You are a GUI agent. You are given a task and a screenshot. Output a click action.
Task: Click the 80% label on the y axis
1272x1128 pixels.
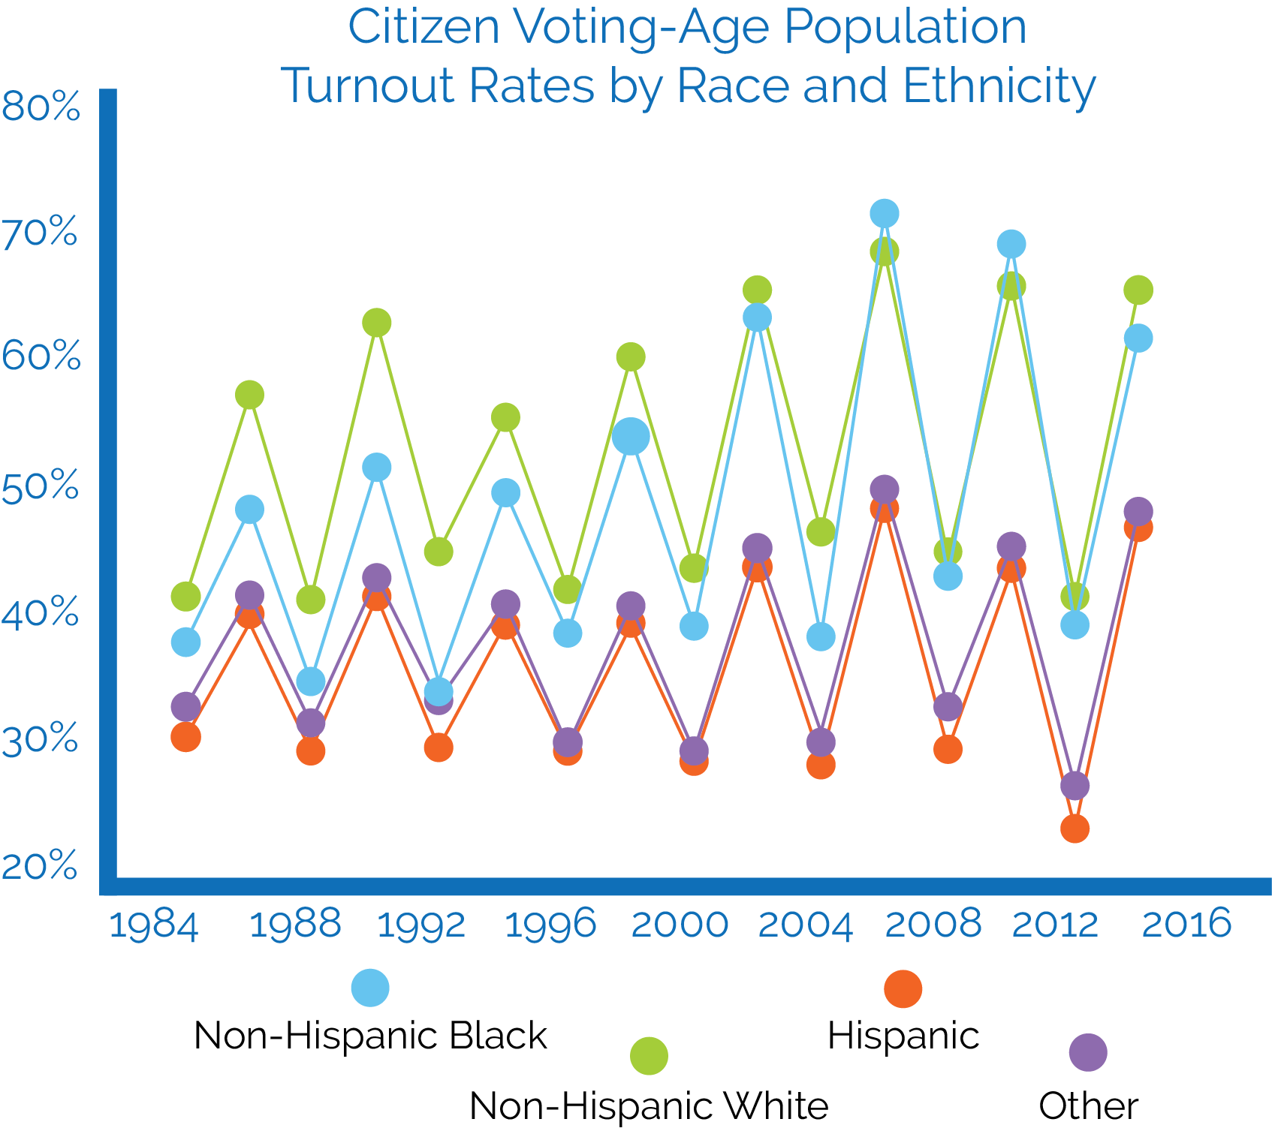tap(41, 107)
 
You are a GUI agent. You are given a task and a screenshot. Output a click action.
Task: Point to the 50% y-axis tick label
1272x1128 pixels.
tap(41, 486)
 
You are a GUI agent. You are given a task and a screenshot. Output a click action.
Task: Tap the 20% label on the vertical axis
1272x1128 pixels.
tap(41, 866)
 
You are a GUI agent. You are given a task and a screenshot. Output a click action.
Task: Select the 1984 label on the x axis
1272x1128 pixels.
tap(154, 924)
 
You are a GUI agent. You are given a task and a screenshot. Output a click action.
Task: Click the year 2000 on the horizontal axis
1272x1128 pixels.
tap(680, 924)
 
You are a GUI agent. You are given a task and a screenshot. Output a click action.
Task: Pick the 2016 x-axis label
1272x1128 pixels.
tap(1186, 924)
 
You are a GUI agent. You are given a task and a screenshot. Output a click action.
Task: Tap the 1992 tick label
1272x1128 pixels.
tap(421, 924)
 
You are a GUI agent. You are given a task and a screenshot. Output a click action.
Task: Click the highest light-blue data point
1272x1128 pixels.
tap(885, 213)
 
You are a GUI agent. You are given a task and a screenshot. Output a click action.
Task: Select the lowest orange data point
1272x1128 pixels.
tap(1075, 829)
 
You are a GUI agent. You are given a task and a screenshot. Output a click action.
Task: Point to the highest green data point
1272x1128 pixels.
tap(885, 251)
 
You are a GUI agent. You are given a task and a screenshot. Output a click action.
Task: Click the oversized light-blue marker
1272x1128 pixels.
tap(631, 436)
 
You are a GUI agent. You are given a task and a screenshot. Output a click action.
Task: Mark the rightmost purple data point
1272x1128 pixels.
tap(1138, 511)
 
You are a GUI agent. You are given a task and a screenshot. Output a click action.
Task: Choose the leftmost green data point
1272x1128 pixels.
tap(186, 597)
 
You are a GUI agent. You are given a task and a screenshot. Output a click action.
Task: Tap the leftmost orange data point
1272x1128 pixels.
tap(186, 737)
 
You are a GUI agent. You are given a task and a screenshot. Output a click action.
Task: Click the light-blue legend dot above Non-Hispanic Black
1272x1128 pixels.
tap(371, 987)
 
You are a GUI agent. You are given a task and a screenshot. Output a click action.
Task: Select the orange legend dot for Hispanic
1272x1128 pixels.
tap(903, 988)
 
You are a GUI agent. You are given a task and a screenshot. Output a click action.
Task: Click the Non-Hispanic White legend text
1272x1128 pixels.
tap(649, 1105)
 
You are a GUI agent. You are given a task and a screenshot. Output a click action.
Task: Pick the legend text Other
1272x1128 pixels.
tap(1088, 1105)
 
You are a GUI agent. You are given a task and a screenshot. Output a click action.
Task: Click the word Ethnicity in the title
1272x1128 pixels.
tap(999, 86)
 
